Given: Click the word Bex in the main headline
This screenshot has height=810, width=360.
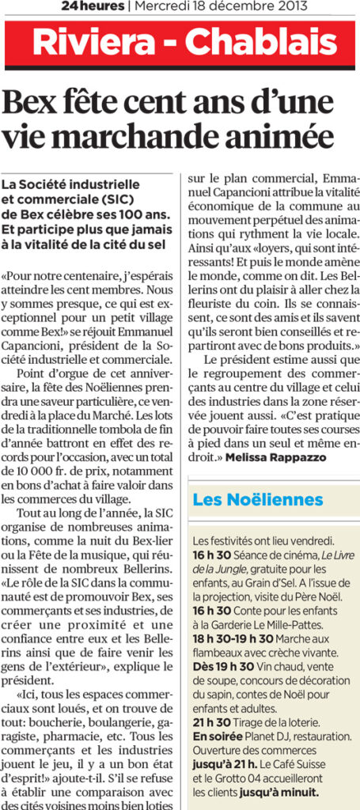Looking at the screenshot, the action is (30, 104).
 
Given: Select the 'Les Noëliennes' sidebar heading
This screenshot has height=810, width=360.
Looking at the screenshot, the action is (258, 500).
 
